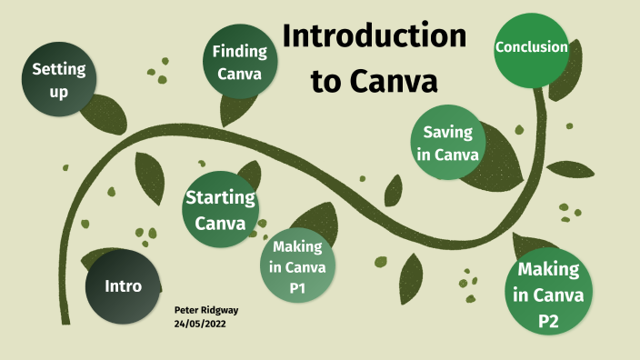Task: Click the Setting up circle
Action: click(x=58, y=79)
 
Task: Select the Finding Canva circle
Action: click(x=239, y=64)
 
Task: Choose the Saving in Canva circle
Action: click(x=448, y=143)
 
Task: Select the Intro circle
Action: click(x=124, y=286)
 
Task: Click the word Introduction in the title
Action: click(x=375, y=36)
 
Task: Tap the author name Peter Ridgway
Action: click(x=206, y=310)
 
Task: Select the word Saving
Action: click(x=448, y=132)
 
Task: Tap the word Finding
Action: click(x=239, y=51)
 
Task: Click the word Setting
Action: click(x=58, y=68)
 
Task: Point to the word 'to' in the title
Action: click(x=327, y=81)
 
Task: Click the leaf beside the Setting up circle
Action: click(x=105, y=108)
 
